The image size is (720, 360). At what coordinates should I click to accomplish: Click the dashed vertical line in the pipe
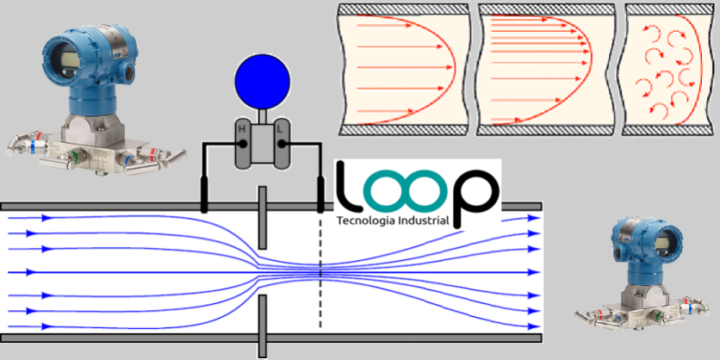[320, 284]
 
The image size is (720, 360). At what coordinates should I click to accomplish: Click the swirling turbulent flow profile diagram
[669, 70]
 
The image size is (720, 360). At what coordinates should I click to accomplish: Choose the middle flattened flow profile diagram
[544, 70]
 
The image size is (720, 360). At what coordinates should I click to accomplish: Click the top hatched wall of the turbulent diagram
[670, 9]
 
